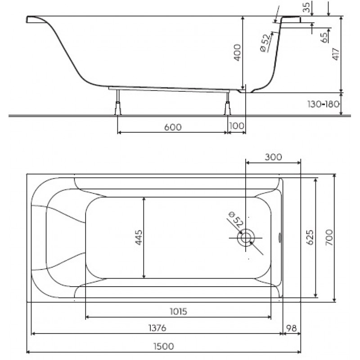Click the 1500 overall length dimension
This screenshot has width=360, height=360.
point(164,346)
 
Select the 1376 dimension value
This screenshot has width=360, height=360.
point(157,328)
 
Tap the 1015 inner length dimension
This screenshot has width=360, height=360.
point(178,311)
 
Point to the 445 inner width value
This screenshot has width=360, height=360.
point(139,238)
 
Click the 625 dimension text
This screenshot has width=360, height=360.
point(310,238)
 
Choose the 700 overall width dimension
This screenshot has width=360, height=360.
point(329,238)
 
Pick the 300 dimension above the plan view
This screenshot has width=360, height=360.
point(273,157)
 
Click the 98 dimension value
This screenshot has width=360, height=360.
point(292,328)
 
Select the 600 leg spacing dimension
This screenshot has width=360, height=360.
point(173,127)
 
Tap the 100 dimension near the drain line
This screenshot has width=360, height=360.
point(237,126)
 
